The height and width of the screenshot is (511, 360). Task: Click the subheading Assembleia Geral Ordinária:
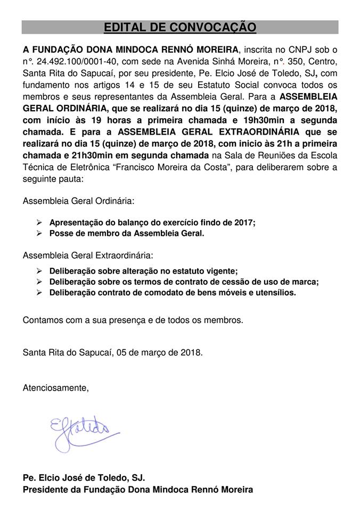[78, 202]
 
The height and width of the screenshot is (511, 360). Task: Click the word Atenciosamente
[55, 388]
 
